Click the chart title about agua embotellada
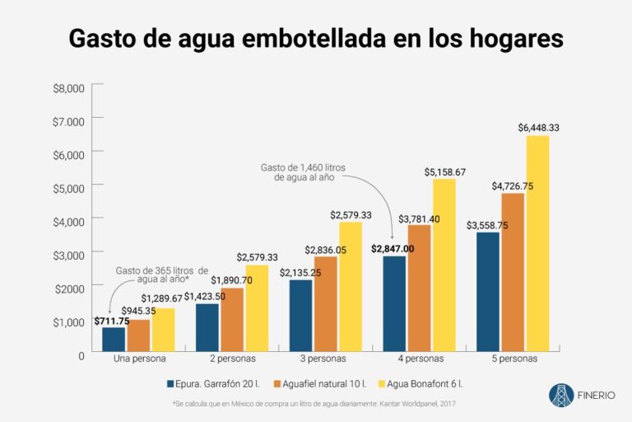[x=316, y=38]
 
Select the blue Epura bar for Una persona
[x=114, y=339]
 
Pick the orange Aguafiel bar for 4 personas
[x=420, y=288]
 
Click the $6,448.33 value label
[x=539, y=128]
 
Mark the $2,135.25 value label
[x=302, y=273]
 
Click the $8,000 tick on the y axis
[x=69, y=88]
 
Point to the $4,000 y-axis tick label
[x=69, y=222]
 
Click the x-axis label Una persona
[x=139, y=359]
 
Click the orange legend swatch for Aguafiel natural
[x=276, y=383]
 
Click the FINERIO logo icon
[x=562, y=395]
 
